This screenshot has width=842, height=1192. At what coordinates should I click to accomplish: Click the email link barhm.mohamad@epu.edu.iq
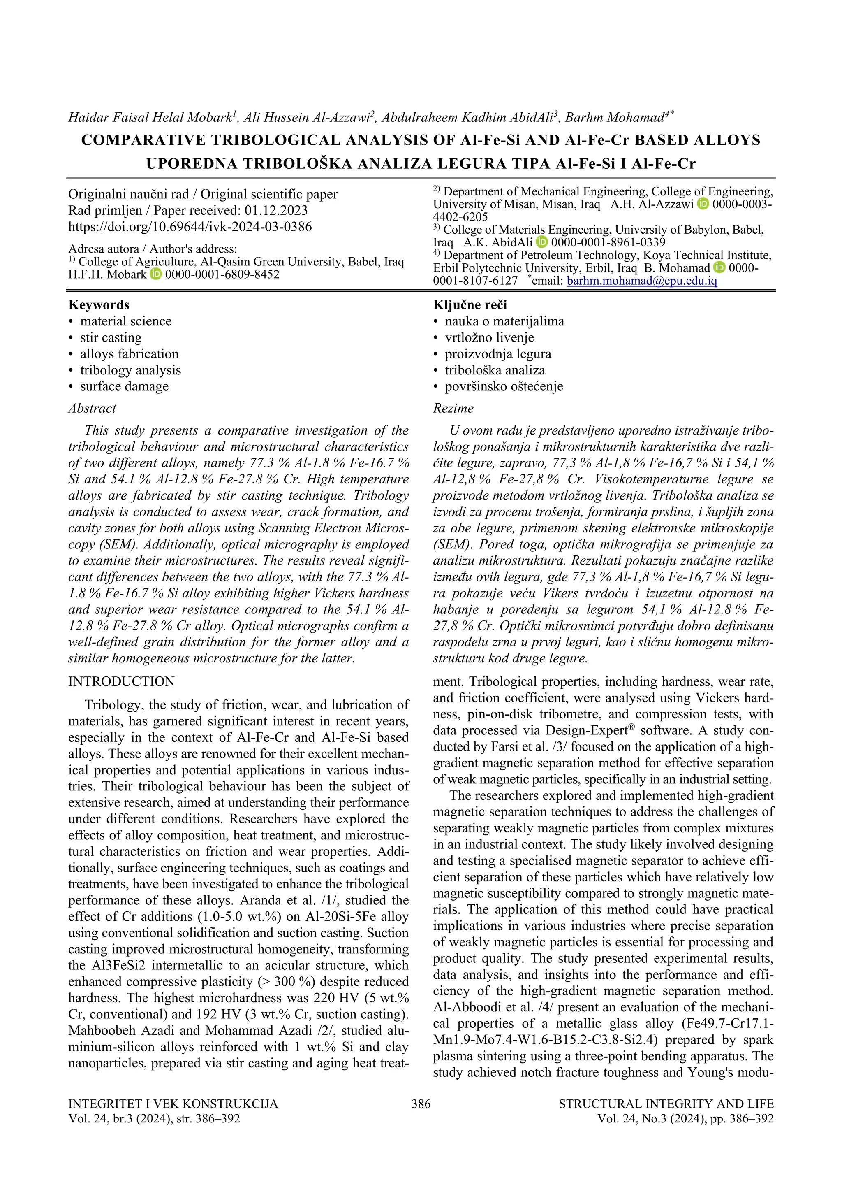[x=642, y=281]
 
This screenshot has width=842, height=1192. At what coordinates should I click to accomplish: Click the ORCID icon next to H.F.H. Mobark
[x=156, y=274]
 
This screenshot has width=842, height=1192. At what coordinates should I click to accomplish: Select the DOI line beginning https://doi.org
[x=190, y=226]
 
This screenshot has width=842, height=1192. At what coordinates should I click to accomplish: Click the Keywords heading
[x=99, y=305]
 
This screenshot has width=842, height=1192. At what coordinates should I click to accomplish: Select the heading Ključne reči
[x=470, y=305]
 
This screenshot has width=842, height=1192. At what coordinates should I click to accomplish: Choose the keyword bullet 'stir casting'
[x=111, y=337]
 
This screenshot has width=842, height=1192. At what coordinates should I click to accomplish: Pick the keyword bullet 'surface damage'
[x=124, y=386]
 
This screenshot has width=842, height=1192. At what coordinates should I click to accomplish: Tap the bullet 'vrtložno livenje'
[x=489, y=337]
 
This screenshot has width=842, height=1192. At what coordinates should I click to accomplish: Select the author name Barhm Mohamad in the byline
[x=614, y=117]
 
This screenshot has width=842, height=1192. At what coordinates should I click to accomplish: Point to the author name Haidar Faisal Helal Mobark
[x=149, y=117]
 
